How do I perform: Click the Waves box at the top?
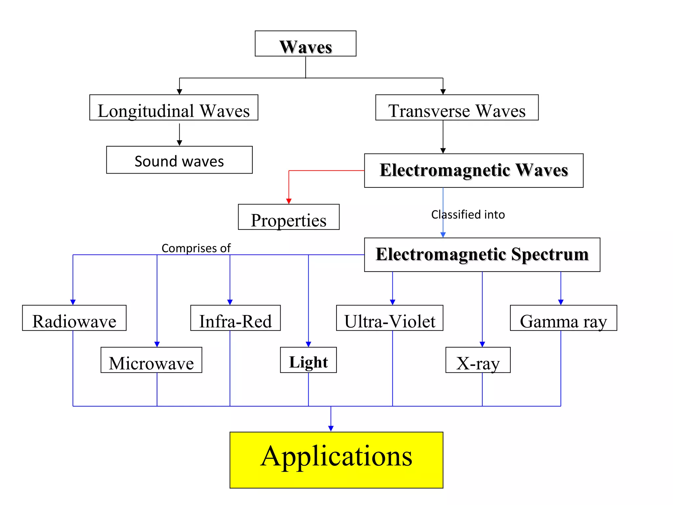(305, 44)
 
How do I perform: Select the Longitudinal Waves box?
(174, 108)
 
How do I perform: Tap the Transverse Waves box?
(456, 108)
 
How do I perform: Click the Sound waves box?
(179, 160)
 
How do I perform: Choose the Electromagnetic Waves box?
(474, 171)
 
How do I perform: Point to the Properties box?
(289, 217)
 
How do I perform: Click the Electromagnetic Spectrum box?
(482, 255)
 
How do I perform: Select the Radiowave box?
(74, 318)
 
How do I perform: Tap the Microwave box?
(151, 360)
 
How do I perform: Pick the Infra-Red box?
(235, 318)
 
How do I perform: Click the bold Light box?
(308, 360)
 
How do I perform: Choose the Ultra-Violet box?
(389, 318)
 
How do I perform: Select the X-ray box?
(478, 360)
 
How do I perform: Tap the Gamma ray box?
(563, 318)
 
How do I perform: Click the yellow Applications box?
(336, 460)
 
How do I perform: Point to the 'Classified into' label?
(468, 215)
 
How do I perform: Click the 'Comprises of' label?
(196, 248)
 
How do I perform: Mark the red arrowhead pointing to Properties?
(289, 201)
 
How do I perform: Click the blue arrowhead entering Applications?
(331, 428)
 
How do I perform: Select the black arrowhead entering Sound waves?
(179, 143)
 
